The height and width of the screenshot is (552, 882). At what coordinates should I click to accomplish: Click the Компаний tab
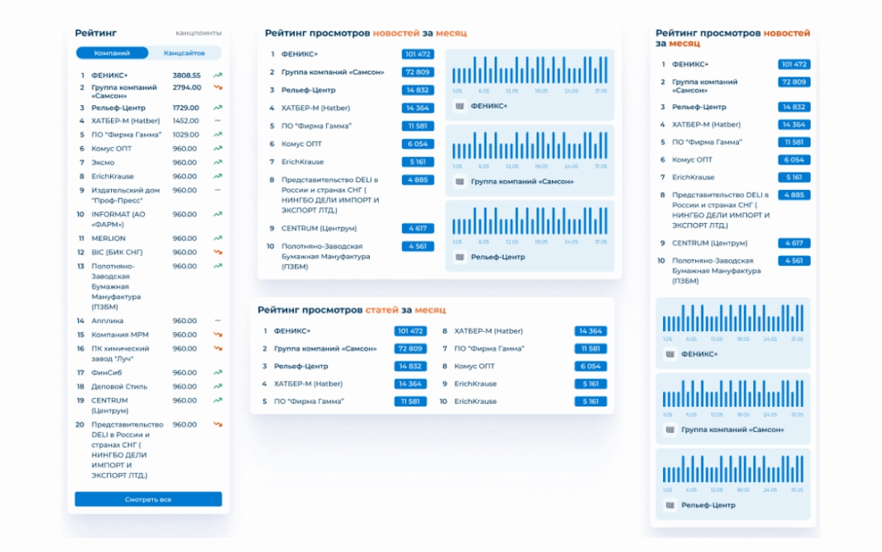click(112, 53)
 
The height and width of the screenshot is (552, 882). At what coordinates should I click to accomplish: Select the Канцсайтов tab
click(184, 53)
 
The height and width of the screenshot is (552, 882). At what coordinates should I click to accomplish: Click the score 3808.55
click(186, 75)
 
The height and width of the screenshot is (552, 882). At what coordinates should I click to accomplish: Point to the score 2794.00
click(186, 88)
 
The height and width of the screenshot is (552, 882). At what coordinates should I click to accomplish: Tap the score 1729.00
click(185, 107)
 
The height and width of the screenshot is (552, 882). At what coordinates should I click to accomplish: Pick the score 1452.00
click(185, 121)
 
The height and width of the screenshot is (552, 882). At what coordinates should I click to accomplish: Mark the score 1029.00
click(185, 134)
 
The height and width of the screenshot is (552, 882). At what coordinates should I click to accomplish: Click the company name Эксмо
click(103, 163)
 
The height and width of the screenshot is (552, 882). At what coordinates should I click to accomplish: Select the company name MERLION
click(108, 239)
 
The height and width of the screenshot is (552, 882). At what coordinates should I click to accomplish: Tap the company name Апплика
click(107, 321)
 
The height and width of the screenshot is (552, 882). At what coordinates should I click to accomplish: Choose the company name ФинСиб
click(106, 373)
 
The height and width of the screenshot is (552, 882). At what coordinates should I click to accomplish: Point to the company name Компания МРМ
click(120, 335)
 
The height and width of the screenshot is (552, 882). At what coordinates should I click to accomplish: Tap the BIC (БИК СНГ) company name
click(116, 252)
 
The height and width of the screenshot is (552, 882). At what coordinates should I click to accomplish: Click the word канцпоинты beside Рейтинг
click(199, 33)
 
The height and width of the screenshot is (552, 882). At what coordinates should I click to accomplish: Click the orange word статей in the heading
click(382, 310)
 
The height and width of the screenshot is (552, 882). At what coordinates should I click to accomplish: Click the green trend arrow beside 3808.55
click(217, 75)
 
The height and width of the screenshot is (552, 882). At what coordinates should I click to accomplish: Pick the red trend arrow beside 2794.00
click(217, 88)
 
